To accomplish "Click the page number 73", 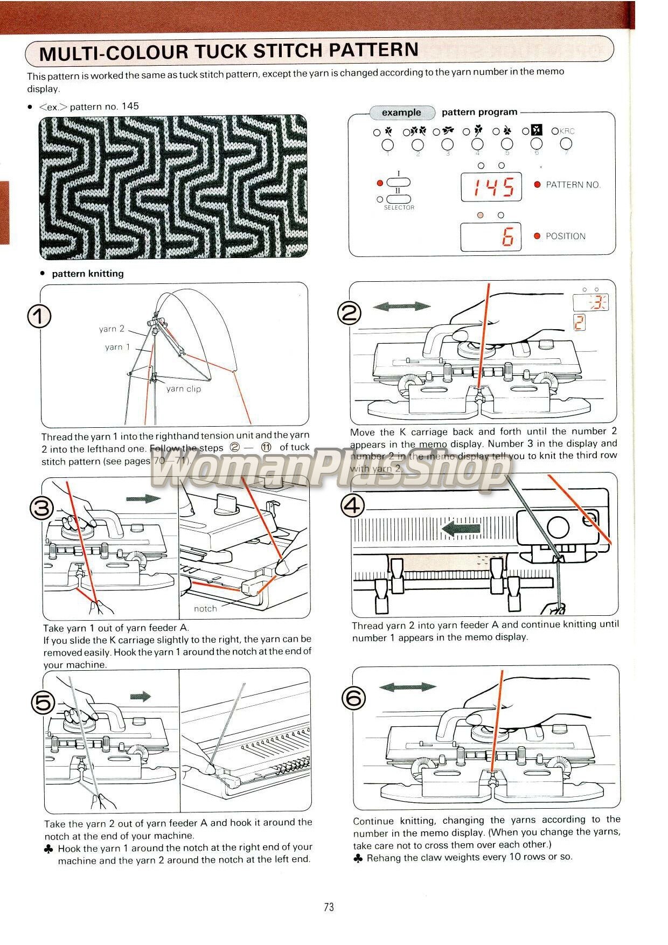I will coord(329,907).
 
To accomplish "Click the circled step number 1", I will coord(39,316).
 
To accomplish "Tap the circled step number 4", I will coord(353,505).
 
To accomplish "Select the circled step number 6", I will coord(354,698).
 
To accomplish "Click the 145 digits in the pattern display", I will coord(491,187).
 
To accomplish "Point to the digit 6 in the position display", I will coord(507,237).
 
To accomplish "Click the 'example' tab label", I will coord(401,113).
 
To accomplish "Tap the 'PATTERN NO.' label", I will coord(573,185).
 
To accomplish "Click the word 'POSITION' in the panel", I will coord(565,236).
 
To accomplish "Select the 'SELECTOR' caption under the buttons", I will coord(399,207).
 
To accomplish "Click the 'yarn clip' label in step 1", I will coord(183,388).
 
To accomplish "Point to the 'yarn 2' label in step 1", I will coord(112,329).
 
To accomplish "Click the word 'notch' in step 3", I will coord(205,608).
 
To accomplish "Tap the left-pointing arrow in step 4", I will coord(461,529).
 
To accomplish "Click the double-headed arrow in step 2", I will coord(401,307).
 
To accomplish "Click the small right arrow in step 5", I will coord(141,697).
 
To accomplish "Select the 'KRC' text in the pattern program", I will coord(567,131).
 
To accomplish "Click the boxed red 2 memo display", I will coord(579,323).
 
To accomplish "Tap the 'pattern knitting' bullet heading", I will coord(87,274).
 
